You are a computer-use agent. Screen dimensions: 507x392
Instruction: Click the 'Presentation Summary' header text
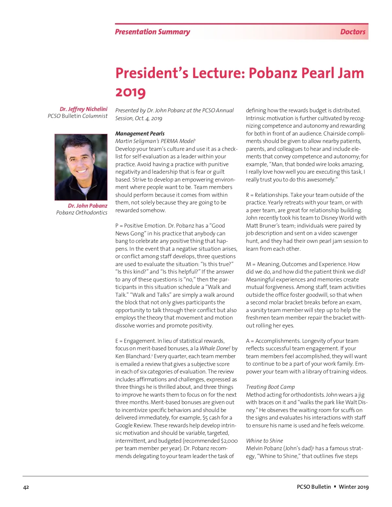tap(152, 32)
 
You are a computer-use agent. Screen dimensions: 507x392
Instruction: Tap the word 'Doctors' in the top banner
tap(352, 32)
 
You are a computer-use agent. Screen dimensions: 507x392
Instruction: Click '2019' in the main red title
tap(130, 92)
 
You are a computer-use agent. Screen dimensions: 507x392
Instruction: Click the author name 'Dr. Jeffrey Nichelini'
tap(83, 109)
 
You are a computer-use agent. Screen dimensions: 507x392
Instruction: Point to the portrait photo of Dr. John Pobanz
tap(81, 167)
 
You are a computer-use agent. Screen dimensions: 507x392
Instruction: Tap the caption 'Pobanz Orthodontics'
tap(82, 213)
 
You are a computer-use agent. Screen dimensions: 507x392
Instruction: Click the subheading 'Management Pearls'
tap(140, 134)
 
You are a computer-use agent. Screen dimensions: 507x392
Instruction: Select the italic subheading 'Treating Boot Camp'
tap(270, 387)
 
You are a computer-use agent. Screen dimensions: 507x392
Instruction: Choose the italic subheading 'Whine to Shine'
tap(264, 441)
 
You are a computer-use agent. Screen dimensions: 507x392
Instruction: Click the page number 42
tap(26, 487)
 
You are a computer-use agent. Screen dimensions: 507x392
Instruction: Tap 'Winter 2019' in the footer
tap(353, 487)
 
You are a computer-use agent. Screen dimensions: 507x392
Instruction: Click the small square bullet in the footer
tap(335, 486)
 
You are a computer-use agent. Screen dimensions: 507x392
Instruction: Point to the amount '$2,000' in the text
tap(229, 441)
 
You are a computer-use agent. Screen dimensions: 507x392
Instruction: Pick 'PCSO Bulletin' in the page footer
tap(314, 487)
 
